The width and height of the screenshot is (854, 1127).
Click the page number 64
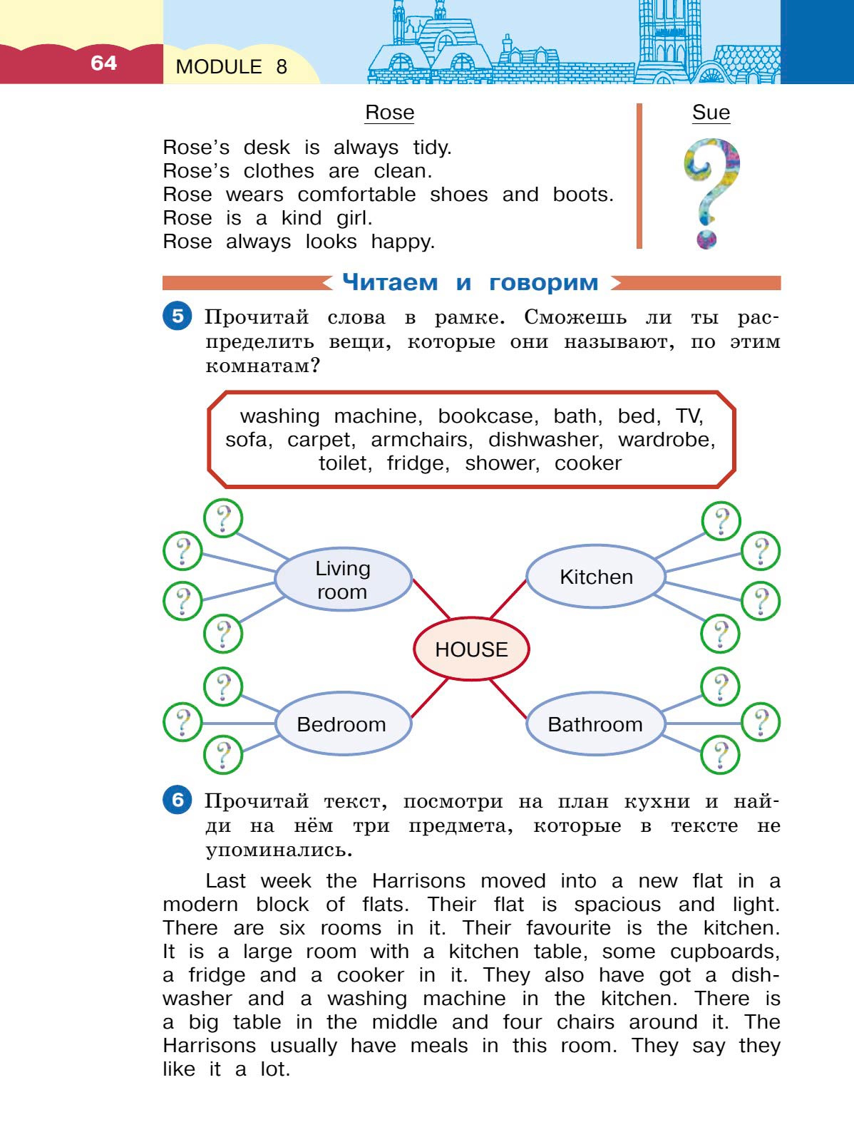pos(103,63)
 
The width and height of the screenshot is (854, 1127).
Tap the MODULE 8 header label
pos(231,67)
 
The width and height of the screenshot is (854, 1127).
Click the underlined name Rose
pos(389,113)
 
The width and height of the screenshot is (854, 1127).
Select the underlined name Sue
pos(711,113)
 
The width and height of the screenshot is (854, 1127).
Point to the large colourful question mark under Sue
pos(711,192)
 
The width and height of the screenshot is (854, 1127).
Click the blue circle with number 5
pos(178,316)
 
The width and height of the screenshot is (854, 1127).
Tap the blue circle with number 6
pos(178,800)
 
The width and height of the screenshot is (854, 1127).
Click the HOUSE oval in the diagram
pos(471,649)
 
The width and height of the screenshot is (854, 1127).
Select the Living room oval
pos(343,580)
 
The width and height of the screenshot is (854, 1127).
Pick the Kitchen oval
pos(596,577)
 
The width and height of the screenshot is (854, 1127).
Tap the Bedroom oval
pos(341,724)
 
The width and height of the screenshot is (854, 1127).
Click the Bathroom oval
pos(595,724)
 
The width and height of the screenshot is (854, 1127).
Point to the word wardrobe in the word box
pos(666,440)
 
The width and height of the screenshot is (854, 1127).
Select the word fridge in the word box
pos(418,463)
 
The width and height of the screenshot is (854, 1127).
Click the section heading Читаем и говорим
pos(470,282)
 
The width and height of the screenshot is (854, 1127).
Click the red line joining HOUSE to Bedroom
pos(430,698)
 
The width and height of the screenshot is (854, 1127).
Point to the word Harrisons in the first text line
pos(418,881)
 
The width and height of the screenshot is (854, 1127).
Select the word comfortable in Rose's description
pos(356,195)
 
